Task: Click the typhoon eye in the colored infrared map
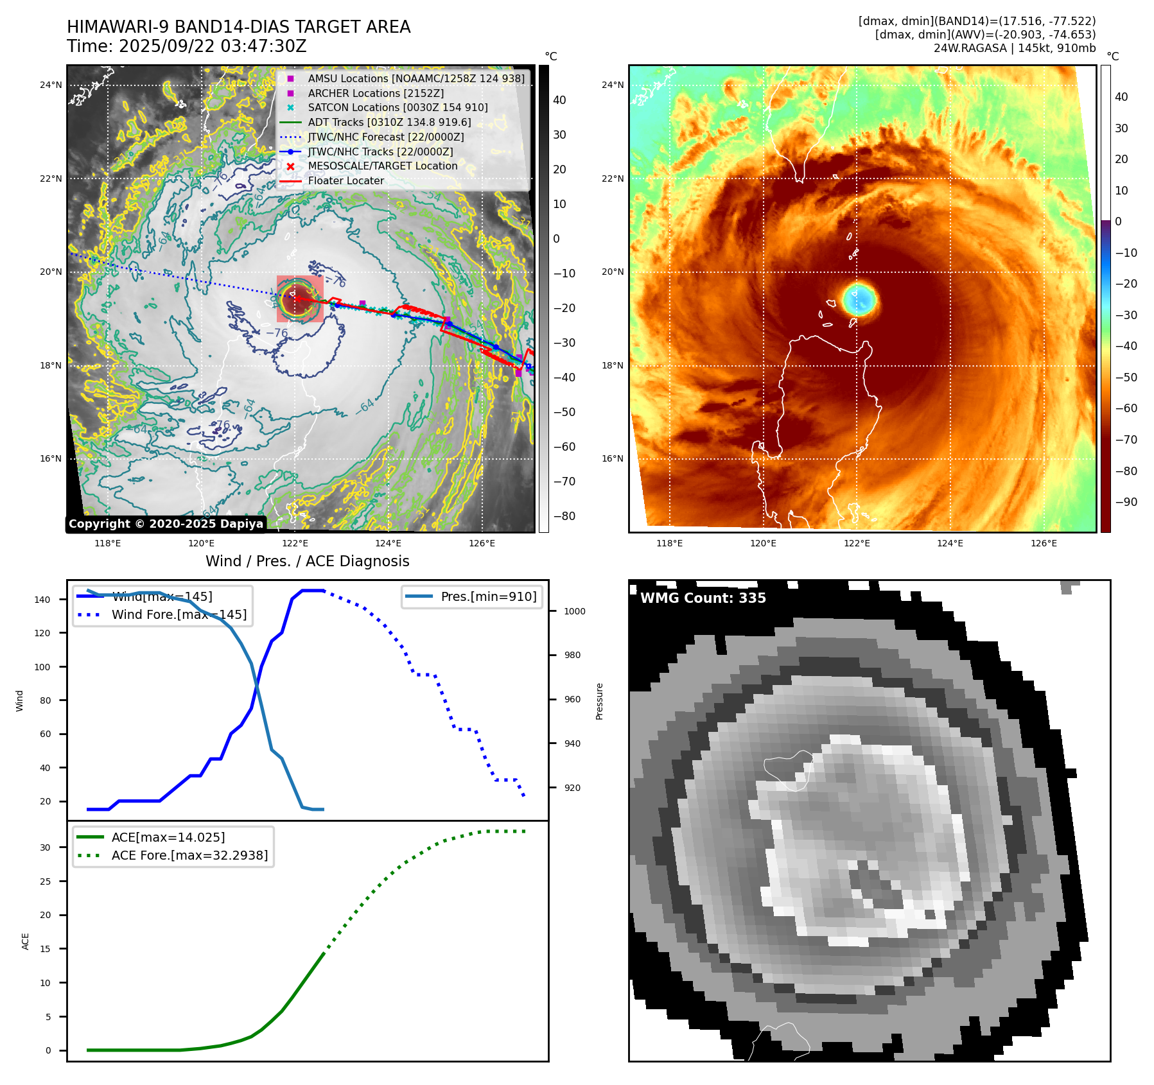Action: click(859, 299)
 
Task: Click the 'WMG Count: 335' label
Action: click(703, 598)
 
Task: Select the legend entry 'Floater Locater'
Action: click(345, 181)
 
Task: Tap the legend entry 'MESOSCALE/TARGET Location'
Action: click(382, 166)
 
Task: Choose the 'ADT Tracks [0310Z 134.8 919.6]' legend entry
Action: click(389, 123)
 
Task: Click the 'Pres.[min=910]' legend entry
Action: click(488, 596)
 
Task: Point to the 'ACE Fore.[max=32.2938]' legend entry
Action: click(189, 855)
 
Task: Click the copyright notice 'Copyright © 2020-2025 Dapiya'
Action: click(166, 524)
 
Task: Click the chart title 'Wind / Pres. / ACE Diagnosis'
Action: click(307, 561)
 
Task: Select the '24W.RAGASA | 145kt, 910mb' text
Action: click(1014, 48)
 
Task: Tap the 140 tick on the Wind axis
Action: click(42, 600)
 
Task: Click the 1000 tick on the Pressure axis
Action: click(574, 611)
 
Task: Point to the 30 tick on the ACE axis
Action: click(45, 847)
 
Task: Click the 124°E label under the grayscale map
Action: click(388, 544)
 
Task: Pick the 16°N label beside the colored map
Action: click(612, 459)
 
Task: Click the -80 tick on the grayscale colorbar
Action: click(564, 516)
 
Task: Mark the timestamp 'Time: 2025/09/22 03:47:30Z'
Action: click(186, 47)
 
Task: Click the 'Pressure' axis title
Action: click(599, 701)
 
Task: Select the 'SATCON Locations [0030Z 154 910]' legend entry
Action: click(398, 108)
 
